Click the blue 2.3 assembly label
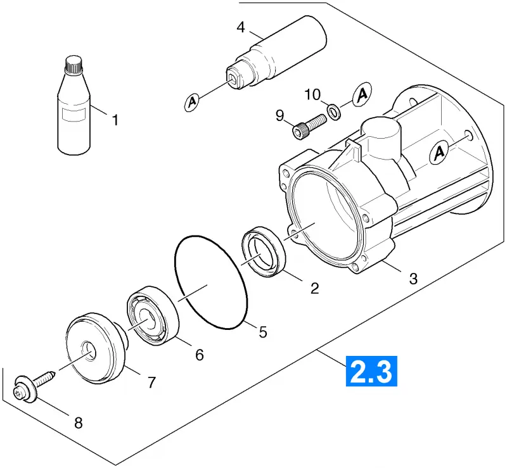(x=371, y=371)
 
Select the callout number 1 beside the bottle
(x=115, y=120)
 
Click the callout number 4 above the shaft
(x=241, y=27)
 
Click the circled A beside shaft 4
(x=192, y=102)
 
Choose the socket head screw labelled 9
(x=309, y=127)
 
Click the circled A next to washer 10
(x=363, y=94)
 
